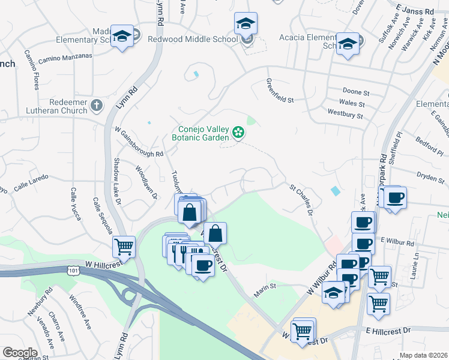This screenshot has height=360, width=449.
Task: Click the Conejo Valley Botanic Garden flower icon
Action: (x=238, y=132)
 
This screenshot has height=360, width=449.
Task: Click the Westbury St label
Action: (x=345, y=113)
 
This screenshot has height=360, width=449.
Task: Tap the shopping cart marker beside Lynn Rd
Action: (x=124, y=246)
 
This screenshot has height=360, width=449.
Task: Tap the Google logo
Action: (x=19, y=352)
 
